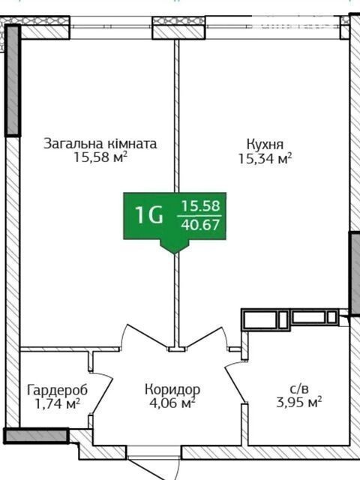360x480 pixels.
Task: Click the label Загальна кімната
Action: pyautogui.click(x=100, y=143)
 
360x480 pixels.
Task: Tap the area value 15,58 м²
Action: pyautogui.click(x=100, y=157)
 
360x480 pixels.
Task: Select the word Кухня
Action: pyautogui.click(x=265, y=144)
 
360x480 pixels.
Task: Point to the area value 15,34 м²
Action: pyautogui.click(x=265, y=158)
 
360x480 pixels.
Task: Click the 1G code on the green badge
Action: pyautogui.click(x=149, y=215)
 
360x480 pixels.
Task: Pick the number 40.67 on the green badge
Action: pyautogui.click(x=200, y=225)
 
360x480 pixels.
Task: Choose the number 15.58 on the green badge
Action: pyautogui.click(x=201, y=206)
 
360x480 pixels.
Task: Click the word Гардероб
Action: pyautogui.click(x=57, y=390)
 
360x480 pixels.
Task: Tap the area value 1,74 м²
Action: pyautogui.click(x=58, y=403)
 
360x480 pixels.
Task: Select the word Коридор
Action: pyautogui.click(x=172, y=389)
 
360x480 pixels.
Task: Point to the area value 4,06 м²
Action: pyautogui.click(x=172, y=403)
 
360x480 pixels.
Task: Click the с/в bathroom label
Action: pyautogui.click(x=299, y=389)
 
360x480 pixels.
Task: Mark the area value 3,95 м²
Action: pyautogui.click(x=299, y=402)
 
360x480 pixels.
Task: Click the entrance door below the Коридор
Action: pyautogui.click(x=148, y=469)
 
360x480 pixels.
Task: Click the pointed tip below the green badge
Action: pyautogui.click(x=175, y=253)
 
